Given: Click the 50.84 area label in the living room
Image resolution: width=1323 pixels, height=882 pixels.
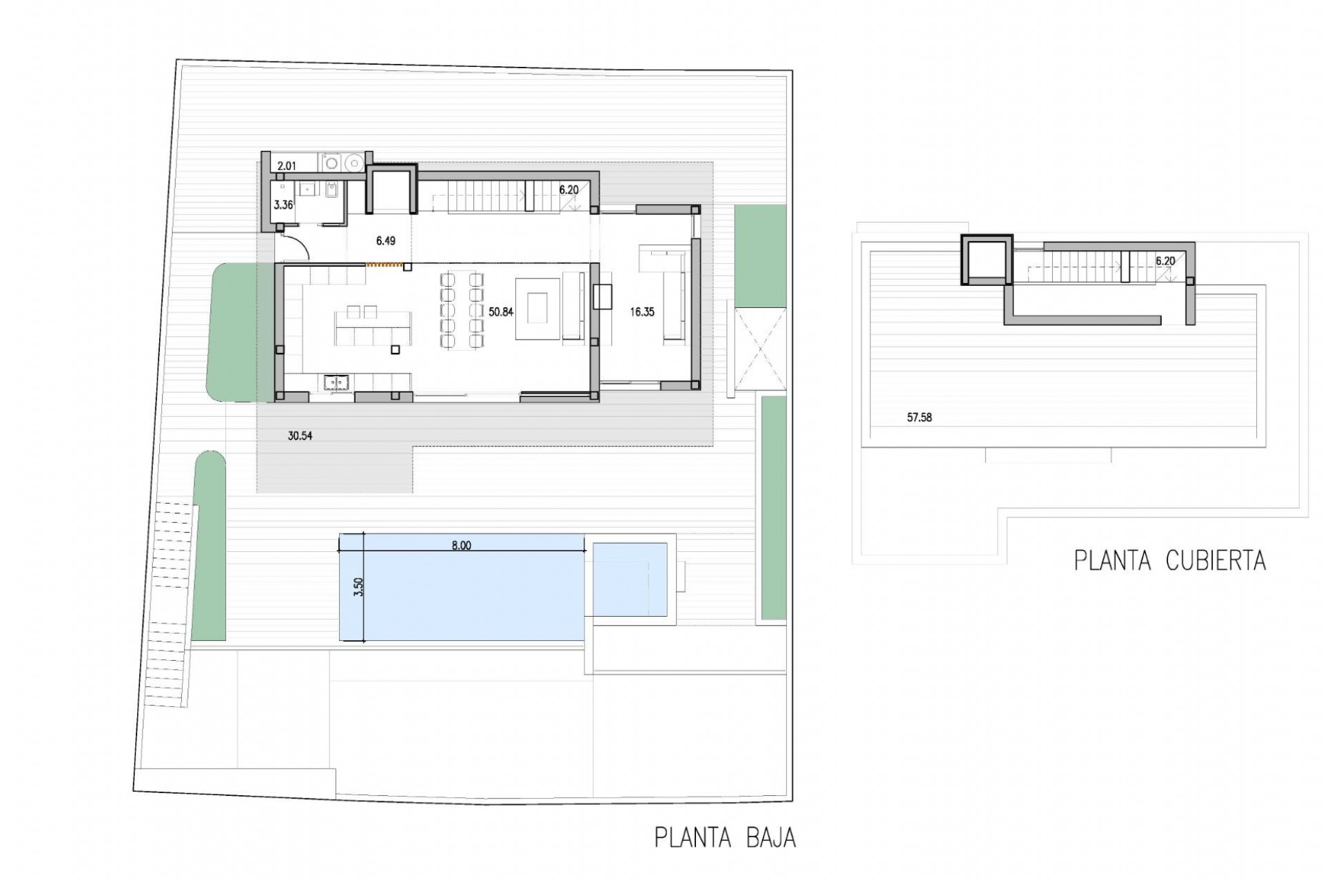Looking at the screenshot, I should pyautogui.click(x=501, y=311).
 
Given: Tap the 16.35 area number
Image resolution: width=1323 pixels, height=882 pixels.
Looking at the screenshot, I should pyautogui.click(x=642, y=311).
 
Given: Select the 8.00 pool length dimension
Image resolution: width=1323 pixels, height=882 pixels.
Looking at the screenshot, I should pyautogui.click(x=461, y=545).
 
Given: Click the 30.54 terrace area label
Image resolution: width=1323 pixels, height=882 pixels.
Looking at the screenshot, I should pyautogui.click(x=300, y=435).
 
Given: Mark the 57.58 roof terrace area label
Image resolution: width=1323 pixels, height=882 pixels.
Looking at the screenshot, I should pyautogui.click(x=919, y=417).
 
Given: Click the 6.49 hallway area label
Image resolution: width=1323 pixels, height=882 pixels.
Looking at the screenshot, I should pyautogui.click(x=386, y=241).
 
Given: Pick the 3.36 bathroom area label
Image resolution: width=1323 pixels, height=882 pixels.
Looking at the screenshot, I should pyautogui.click(x=283, y=205).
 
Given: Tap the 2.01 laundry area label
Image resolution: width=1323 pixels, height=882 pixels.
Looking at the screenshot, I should pyautogui.click(x=286, y=165).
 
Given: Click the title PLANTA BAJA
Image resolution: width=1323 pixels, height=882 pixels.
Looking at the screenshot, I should pyautogui.click(x=725, y=838).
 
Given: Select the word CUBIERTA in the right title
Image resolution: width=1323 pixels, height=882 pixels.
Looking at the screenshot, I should pyautogui.click(x=1216, y=560).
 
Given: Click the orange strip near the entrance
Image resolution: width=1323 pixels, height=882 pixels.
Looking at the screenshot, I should pyautogui.click(x=384, y=263).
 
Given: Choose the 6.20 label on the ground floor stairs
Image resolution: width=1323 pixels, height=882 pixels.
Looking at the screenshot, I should pyautogui.click(x=568, y=189).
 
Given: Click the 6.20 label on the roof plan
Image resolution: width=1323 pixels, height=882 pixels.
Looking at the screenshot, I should pyautogui.click(x=1165, y=261).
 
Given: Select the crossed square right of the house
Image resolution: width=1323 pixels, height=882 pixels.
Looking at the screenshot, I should pyautogui.click(x=759, y=350).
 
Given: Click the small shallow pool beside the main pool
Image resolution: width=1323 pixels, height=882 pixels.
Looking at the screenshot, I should pyautogui.click(x=630, y=580).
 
